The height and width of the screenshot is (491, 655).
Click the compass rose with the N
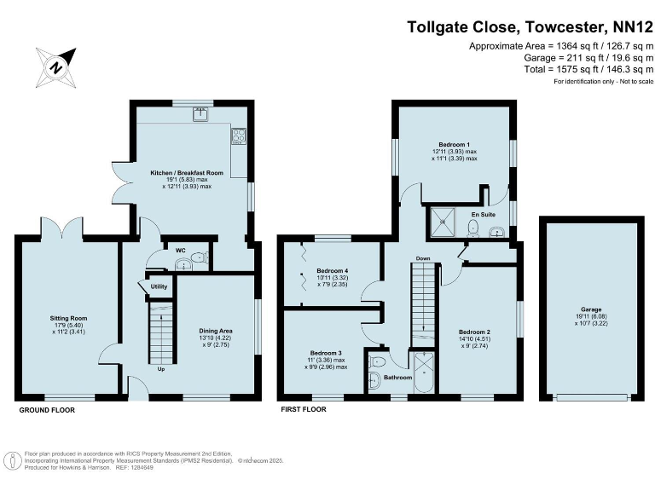pyautogui.click(x=55, y=66)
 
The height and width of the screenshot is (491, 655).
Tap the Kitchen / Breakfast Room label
pyautogui.click(x=187, y=173)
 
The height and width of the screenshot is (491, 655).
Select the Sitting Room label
pyautogui.click(x=68, y=318)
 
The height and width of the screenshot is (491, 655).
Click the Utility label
pyautogui.click(x=159, y=287)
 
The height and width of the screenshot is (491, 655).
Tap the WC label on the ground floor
pyautogui.click(x=180, y=251)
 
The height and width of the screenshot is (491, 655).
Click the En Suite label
pyautogui.click(x=484, y=213)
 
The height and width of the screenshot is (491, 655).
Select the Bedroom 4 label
pyautogui.click(x=332, y=270)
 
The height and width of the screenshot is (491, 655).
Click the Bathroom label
pyautogui.click(x=397, y=378)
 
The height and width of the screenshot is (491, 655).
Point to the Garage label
pyautogui.click(x=592, y=309)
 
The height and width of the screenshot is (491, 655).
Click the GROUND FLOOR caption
pyautogui.click(x=47, y=410)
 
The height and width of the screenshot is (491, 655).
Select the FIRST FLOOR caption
pyautogui.click(x=304, y=410)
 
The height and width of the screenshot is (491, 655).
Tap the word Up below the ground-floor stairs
pyautogui.click(x=160, y=368)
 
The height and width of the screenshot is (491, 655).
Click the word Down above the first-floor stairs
pyautogui.click(x=423, y=257)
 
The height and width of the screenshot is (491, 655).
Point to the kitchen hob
pyautogui.click(x=238, y=134)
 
